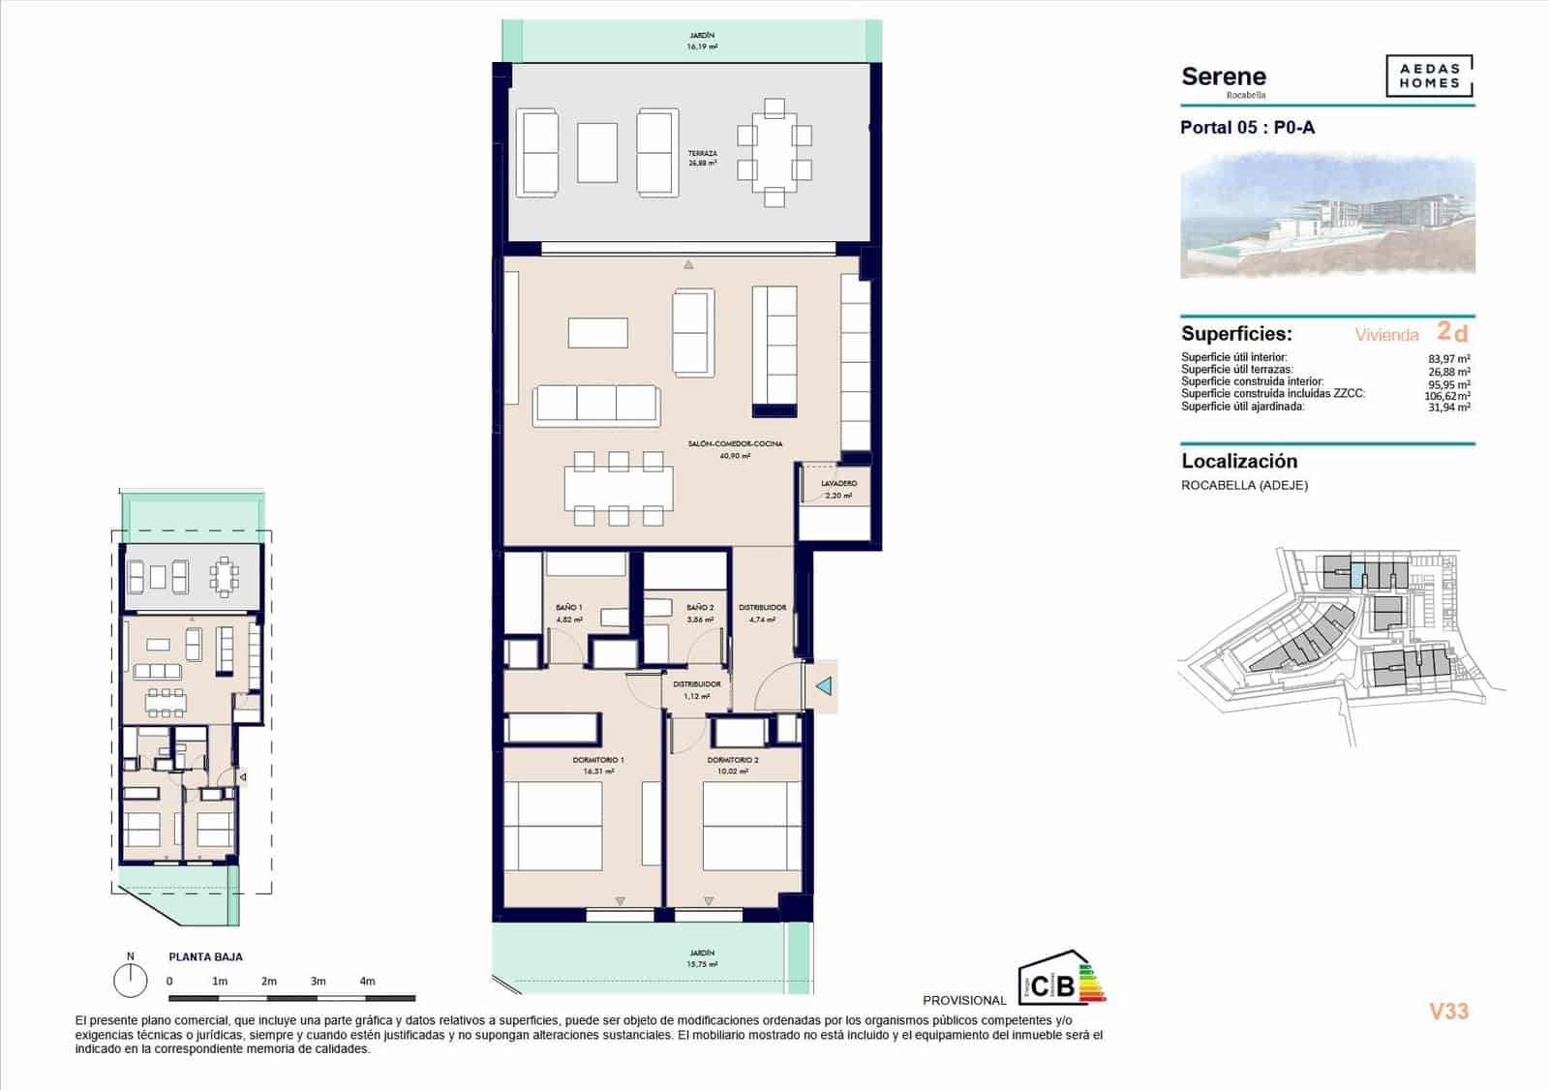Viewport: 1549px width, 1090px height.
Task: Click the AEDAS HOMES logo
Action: click(1429, 76)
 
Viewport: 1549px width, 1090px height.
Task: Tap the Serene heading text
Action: click(1224, 77)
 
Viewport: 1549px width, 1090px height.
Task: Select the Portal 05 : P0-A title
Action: click(1247, 128)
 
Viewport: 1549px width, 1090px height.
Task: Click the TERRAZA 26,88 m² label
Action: click(702, 159)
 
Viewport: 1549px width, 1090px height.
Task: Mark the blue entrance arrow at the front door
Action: click(824, 686)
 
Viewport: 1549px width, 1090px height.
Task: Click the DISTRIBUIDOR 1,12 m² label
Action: click(696, 689)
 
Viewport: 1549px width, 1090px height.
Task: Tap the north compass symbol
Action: click(130, 980)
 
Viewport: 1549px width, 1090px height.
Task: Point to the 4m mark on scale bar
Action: click(367, 982)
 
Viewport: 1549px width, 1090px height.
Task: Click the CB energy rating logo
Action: click(1061, 979)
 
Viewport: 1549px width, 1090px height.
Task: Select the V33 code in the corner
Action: click(1448, 1012)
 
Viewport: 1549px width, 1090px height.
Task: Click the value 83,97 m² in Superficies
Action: click(1449, 358)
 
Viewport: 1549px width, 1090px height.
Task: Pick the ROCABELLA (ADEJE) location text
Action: click(1244, 486)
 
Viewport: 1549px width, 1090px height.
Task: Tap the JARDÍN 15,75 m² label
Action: click(702, 958)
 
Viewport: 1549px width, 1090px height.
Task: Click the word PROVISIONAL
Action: click(964, 1001)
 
